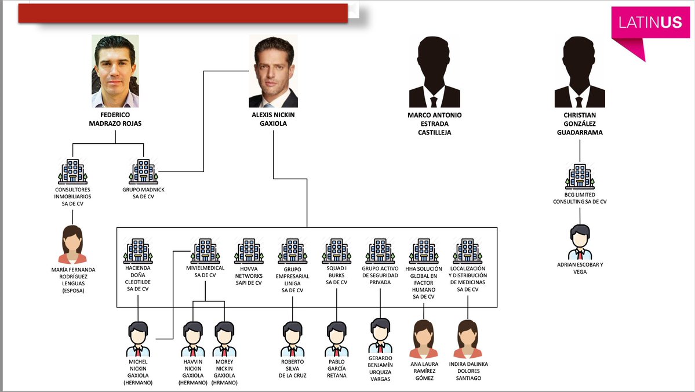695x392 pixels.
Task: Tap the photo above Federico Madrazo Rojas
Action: click(115, 71)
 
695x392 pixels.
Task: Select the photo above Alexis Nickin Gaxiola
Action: click(273, 71)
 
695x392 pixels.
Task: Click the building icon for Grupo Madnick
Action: click(143, 172)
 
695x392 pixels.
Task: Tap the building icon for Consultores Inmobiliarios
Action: click(72, 172)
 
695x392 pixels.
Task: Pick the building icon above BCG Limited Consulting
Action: click(580, 176)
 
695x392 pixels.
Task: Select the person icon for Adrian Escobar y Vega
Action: click(580, 242)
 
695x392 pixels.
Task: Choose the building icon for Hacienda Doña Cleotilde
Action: click(138, 251)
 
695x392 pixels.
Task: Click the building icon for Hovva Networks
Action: click(249, 251)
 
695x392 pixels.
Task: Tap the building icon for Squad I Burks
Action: click(336, 251)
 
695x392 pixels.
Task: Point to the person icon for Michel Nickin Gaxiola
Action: click(139, 339)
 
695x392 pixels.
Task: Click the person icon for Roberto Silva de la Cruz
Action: click(293, 339)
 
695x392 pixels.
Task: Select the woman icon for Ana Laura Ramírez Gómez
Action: click(424, 339)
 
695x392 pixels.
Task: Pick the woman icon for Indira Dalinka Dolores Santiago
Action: click(468, 339)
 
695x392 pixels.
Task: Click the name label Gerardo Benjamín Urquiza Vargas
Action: click(380, 368)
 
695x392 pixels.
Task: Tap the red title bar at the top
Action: click(183, 13)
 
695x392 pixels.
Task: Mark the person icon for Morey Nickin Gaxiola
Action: click(224, 339)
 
